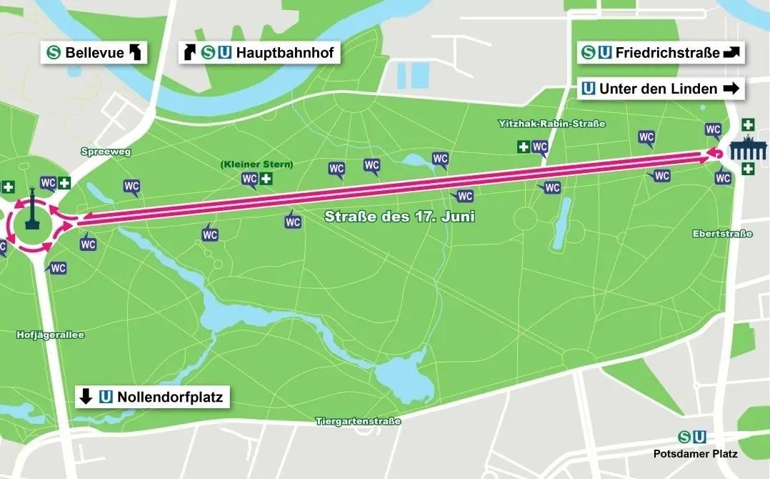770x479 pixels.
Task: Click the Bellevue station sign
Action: [x=94, y=53]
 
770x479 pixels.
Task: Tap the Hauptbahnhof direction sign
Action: [x=258, y=53]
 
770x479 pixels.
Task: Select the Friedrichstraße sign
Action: [x=661, y=53]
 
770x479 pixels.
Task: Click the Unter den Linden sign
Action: [x=661, y=89]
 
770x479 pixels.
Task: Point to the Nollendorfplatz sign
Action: [x=152, y=397]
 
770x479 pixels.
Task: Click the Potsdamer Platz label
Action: [x=695, y=453]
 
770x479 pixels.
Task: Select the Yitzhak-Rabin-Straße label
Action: [x=551, y=124]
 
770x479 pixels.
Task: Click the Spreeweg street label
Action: [x=106, y=152]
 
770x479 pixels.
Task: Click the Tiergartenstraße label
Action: [x=358, y=422]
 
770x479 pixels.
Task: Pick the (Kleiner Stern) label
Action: [x=257, y=164]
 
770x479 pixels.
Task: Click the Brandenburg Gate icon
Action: [x=747, y=152]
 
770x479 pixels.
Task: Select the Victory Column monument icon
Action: [x=31, y=209]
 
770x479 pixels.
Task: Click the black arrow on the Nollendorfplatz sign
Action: [x=86, y=397]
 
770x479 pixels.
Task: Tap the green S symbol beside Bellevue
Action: [x=53, y=53]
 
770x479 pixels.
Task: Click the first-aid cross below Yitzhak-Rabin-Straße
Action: [x=524, y=147]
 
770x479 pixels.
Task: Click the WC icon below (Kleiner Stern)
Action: [x=249, y=179]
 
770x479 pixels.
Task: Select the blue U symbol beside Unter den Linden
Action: [x=589, y=89]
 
